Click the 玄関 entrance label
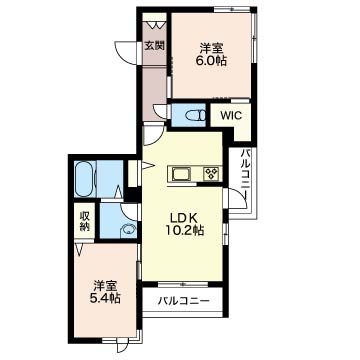[154, 45]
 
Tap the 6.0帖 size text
[212, 61]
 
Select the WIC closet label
[231, 115]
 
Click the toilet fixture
[195, 115]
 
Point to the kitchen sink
[181, 174]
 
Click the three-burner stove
[212, 174]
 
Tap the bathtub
[85, 179]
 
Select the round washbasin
[128, 229]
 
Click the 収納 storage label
[84, 221]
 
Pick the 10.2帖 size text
[184, 230]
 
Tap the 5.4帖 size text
[105, 298]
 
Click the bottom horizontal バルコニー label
[184, 301]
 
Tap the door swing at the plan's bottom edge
[121, 345]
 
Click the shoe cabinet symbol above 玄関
[154, 24]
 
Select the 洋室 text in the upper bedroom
[211, 49]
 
